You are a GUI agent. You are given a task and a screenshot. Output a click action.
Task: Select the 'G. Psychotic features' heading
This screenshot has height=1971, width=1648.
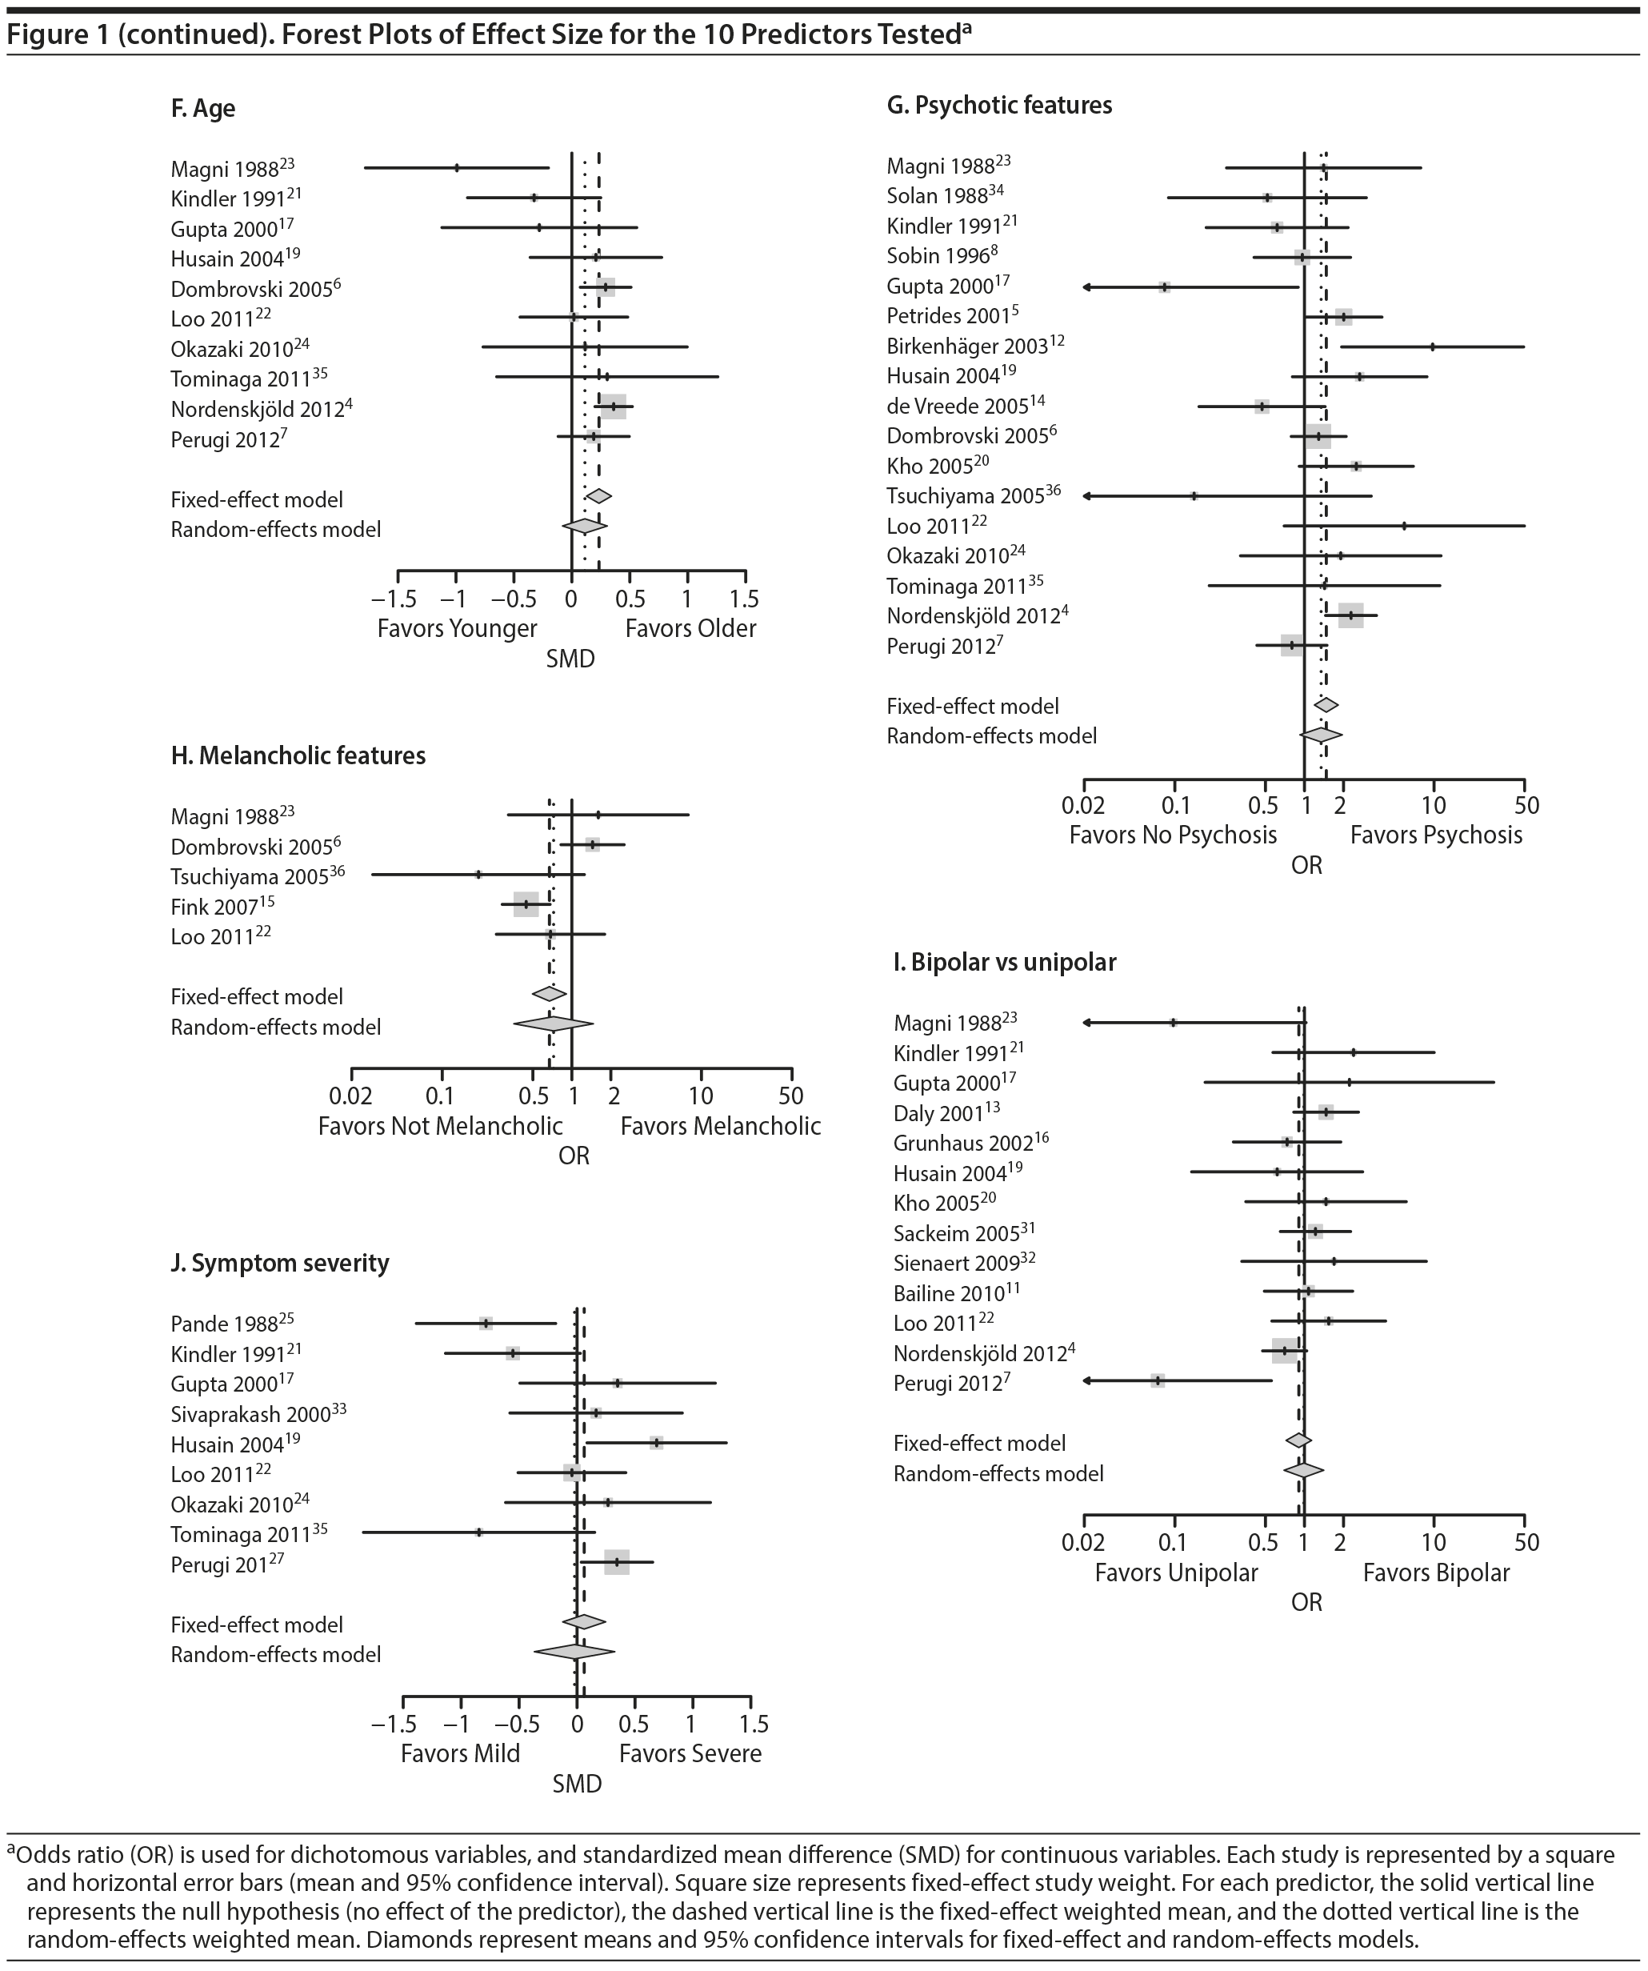pos(998,105)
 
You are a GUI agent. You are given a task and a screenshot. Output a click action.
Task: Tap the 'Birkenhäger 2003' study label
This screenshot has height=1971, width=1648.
pos(966,347)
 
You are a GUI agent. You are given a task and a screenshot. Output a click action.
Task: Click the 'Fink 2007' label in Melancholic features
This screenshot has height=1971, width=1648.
pos(214,907)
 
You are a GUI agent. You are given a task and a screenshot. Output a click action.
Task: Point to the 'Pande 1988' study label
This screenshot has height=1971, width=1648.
pos(224,1324)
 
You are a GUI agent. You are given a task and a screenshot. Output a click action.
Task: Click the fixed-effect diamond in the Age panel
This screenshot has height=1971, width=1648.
pos(598,496)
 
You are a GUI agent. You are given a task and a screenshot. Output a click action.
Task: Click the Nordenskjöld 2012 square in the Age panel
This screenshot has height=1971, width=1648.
pos(613,407)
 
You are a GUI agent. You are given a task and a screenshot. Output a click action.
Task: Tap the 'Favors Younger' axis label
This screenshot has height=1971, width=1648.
pos(457,628)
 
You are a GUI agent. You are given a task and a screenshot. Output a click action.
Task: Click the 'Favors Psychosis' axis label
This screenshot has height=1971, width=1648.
pos(1436,835)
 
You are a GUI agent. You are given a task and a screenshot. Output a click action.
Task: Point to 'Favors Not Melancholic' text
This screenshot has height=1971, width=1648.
pos(440,1125)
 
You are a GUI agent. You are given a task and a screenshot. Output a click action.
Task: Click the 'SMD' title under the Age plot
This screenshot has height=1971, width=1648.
pos(570,659)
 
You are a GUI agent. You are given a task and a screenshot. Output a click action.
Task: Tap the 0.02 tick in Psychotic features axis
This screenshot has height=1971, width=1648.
pos(1084,805)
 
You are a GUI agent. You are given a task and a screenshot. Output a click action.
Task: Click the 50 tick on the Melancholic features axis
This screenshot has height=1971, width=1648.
pos(791,1096)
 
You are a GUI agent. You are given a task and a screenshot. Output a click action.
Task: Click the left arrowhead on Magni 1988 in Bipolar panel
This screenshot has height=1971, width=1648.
pos(1086,1022)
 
